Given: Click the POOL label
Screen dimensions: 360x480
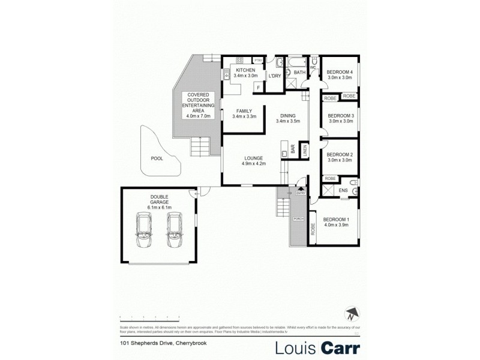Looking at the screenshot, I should pyautogui.click(x=157, y=158).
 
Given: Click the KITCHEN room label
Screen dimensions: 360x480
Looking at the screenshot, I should pyautogui.click(x=245, y=70).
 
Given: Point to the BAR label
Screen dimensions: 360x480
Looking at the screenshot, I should pyautogui.click(x=293, y=150).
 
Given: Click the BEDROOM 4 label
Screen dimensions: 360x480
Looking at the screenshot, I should pyautogui.click(x=340, y=72).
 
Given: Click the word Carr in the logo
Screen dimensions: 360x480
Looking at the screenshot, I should pyautogui.click(x=338, y=347).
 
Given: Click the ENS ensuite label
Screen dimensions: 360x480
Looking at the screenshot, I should pyautogui.click(x=343, y=191).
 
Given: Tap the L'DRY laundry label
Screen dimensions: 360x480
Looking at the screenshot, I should pyautogui.click(x=275, y=76).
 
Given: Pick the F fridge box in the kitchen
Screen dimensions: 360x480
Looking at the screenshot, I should pyautogui.click(x=258, y=88).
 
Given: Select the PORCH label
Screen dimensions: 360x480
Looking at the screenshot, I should pyautogui.click(x=297, y=218).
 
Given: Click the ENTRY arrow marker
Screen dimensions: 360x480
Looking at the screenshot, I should pyautogui.click(x=301, y=190).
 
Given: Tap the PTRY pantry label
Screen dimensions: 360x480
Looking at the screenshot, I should pyautogui.click(x=259, y=61).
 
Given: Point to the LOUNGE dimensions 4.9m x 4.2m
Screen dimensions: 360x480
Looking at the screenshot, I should pyautogui.click(x=253, y=163).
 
